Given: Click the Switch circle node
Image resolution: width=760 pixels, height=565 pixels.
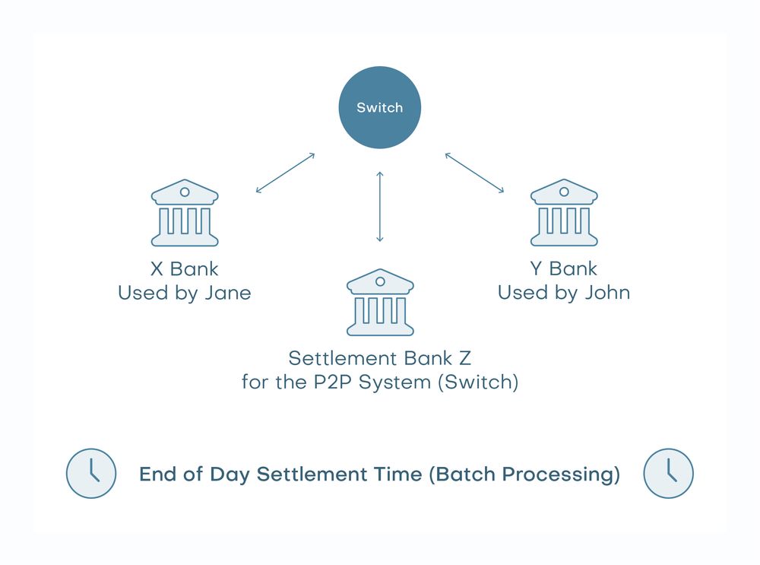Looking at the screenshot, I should [379, 107].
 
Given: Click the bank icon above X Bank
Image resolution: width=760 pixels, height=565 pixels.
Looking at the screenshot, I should [185, 214].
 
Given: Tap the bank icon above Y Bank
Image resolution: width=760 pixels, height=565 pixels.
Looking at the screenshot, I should [564, 214].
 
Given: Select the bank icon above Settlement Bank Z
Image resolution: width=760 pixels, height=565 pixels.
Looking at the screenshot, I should [380, 303].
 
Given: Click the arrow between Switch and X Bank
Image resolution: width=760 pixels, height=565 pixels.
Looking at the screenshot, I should [285, 173].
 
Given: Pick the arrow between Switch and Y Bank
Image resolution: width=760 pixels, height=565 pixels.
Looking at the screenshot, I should [474, 173].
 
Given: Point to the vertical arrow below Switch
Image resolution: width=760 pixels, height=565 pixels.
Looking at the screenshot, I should [380, 207].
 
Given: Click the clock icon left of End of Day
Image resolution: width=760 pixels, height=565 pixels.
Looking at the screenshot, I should [91, 473].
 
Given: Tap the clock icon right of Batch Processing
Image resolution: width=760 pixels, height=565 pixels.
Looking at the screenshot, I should [669, 473].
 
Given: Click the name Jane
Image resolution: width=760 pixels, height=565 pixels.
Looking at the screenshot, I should [227, 293].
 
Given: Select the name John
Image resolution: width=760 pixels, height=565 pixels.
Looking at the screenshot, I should [607, 293].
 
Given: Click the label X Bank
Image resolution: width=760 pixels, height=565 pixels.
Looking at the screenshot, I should [185, 268].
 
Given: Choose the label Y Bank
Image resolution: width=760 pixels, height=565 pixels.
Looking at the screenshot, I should [564, 268].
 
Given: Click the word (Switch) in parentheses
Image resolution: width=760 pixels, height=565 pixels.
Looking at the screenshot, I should [478, 381].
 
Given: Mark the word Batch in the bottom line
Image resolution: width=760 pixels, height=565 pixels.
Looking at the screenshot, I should [461, 475].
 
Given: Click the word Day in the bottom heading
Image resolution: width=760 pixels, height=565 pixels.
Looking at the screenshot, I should [232, 475].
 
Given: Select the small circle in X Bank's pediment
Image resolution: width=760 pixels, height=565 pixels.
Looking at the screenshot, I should [185, 192].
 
